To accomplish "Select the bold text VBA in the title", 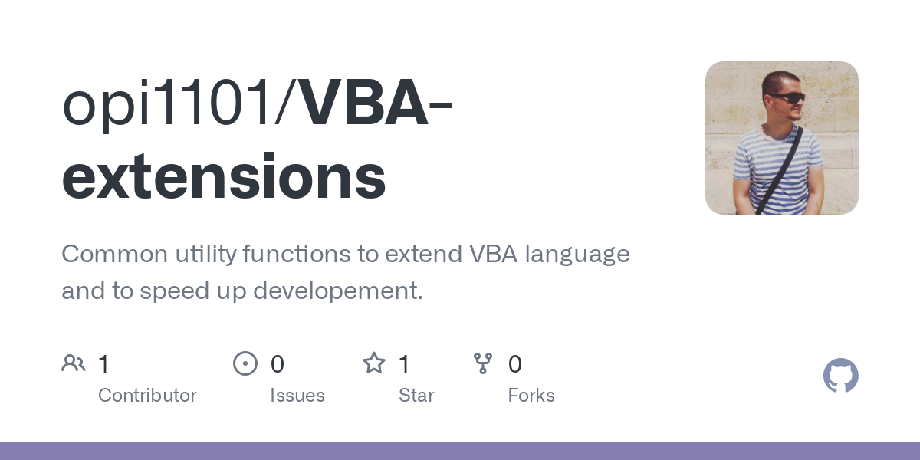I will (x=365, y=105).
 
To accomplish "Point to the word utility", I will (x=205, y=254).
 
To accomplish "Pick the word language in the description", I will (x=577, y=254).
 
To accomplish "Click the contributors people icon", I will (x=74, y=363).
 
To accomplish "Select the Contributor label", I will (x=147, y=396).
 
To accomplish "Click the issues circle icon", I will (x=245, y=363).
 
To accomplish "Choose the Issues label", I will (x=297, y=396).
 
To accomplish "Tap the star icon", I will (x=374, y=363).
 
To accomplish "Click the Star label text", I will (x=416, y=396).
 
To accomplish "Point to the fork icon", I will (x=483, y=363).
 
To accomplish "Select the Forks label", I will (x=531, y=396).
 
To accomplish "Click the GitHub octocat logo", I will (x=840, y=376).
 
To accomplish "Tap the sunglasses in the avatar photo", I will (x=787, y=98).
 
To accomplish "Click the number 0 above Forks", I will (x=515, y=364).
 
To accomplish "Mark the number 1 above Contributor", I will (x=103, y=364).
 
